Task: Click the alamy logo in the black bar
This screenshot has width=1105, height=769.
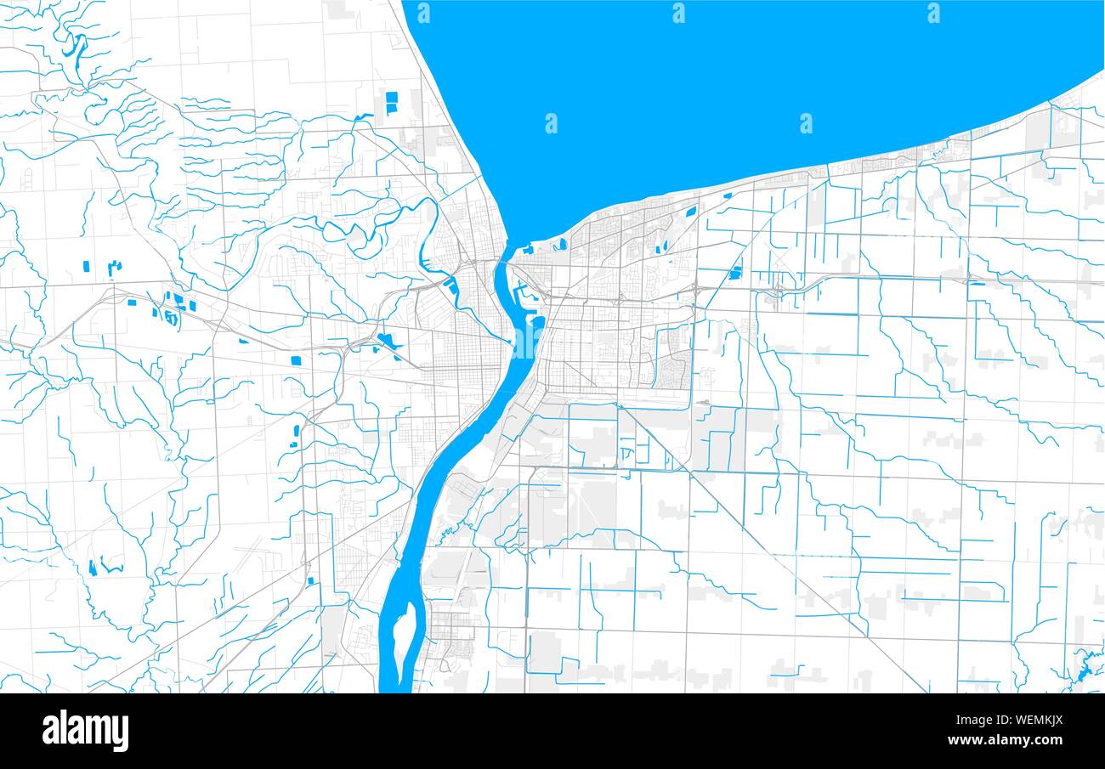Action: pyautogui.click(x=86, y=731)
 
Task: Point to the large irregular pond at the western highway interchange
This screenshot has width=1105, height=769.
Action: pyautogui.click(x=388, y=342)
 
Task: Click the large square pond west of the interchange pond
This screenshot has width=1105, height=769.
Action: pyautogui.click(x=296, y=360)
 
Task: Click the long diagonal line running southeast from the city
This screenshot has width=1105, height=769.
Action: pyautogui.click(x=748, y=527)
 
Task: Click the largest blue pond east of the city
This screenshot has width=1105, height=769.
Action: pyautogui.click(x=735, y=273)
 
